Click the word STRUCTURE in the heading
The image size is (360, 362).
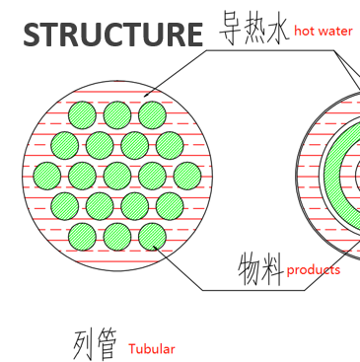pos(111,34)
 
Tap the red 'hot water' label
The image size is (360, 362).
pos(323,32)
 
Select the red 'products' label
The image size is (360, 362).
pos(314,269)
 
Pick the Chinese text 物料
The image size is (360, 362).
pos(260,267)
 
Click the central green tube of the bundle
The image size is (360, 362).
pos(117,176)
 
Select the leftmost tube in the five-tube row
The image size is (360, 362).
pos(47,176)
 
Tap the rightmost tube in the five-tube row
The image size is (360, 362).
pos(187,176)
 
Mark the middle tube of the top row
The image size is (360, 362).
pos(117,114)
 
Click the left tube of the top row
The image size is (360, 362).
pos(83,114)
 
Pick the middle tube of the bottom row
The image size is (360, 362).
pos(117,237)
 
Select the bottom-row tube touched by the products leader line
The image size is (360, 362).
pos(152,237)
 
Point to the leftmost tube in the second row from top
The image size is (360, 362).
pos(65,145)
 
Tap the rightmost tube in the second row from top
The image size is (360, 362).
pos(170,145)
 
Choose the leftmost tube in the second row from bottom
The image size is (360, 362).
pos(65,206)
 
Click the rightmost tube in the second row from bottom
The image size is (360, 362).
pos(170,206)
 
